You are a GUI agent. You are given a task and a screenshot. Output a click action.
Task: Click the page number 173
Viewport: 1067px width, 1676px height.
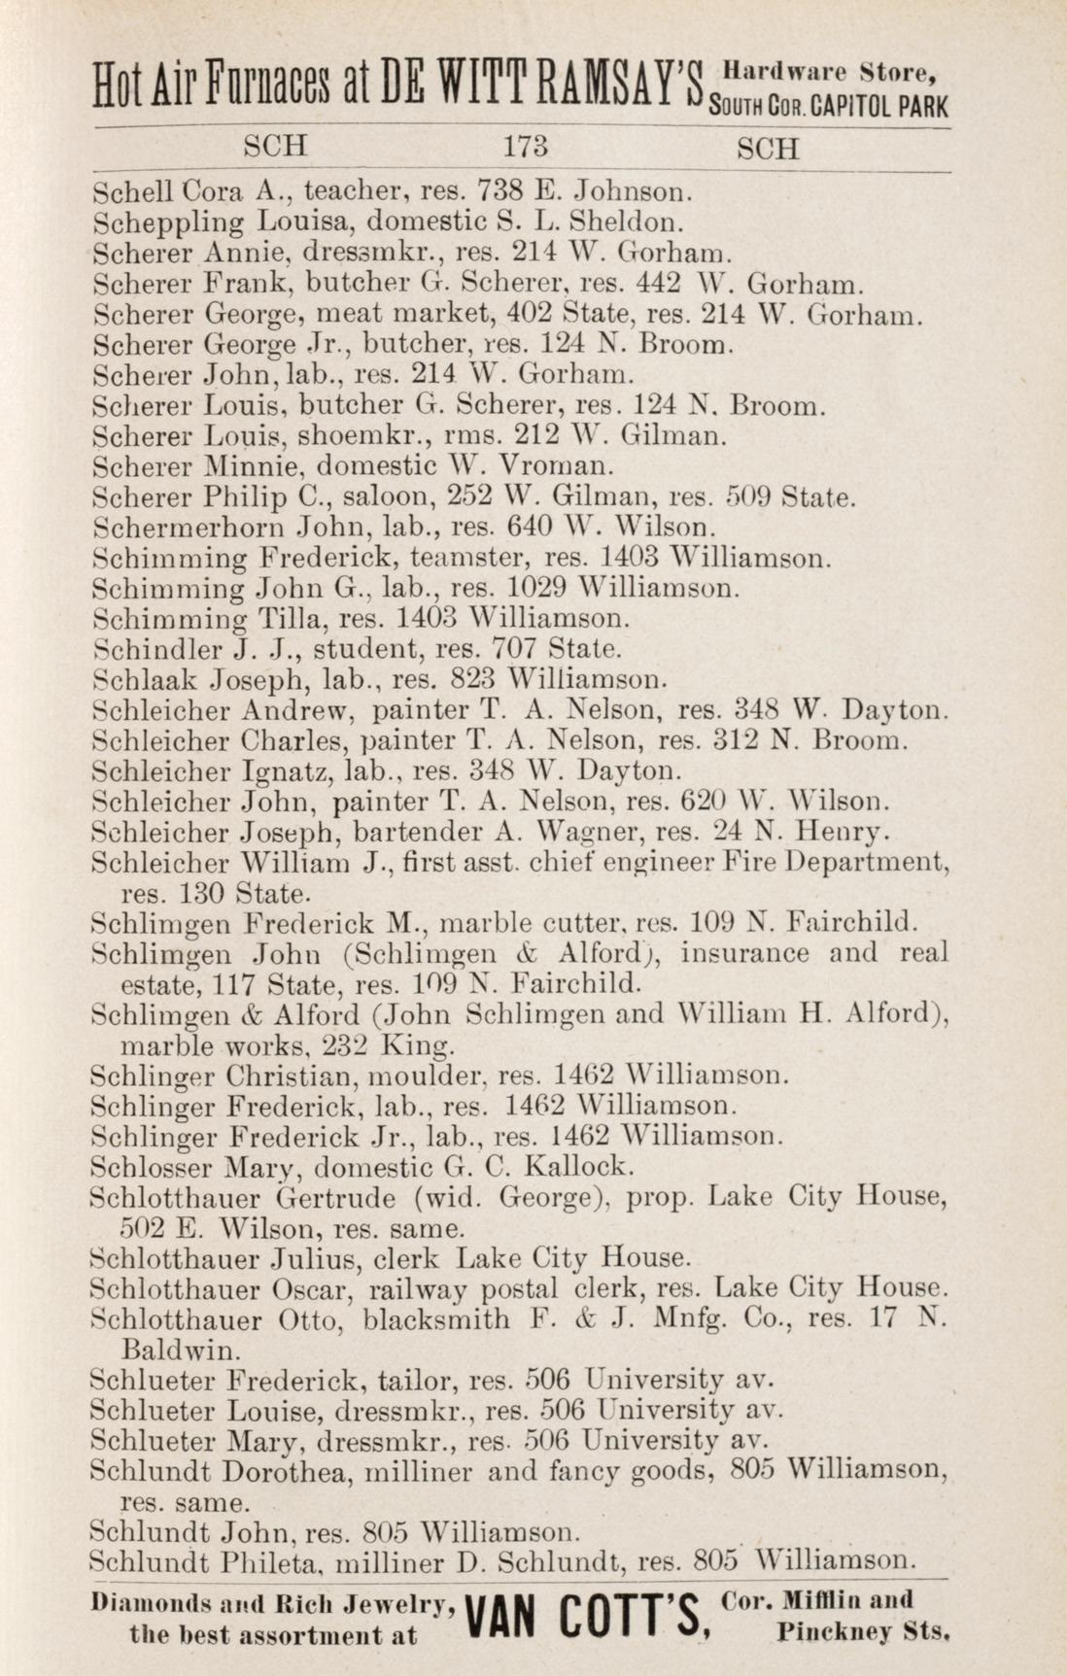click(527, 148)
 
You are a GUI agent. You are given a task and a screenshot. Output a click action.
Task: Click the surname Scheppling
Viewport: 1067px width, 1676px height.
click(170, 222)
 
